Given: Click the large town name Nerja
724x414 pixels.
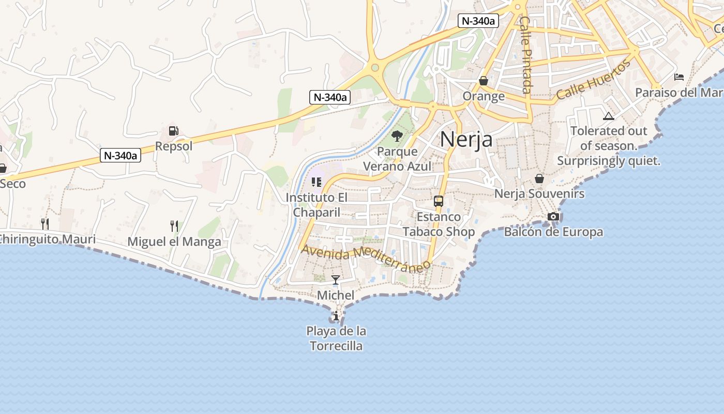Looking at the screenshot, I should (x=466, y=139).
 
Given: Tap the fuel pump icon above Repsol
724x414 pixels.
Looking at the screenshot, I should (x=174, y=131).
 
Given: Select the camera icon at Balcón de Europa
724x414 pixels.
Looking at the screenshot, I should (x=553, y=216).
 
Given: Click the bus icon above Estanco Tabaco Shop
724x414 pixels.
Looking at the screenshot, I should (x=439, y=201).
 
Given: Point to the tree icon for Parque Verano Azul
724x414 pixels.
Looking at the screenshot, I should (x=397, y=137).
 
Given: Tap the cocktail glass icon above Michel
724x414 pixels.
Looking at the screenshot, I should (x=336, y=280).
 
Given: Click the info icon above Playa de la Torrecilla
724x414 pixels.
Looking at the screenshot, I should (x=336, y=315).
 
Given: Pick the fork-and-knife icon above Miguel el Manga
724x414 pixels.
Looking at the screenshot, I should (x=174, y=226).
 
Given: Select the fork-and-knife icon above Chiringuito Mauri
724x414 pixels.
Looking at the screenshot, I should (x=46, y=224).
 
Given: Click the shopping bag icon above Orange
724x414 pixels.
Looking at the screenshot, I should (x=484, y=81).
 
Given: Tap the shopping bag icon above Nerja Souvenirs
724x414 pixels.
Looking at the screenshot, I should (x=539, y=179).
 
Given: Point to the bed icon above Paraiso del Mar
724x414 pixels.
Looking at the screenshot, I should (x=679, y=77).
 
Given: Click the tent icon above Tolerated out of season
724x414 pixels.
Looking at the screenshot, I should (x=608, y=116).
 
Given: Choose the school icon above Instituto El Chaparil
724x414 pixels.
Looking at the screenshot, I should (x=316, y=182).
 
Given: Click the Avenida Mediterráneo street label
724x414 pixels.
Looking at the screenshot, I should (x=366, y=258).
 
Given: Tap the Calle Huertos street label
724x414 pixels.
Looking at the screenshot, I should (x=594, y=80).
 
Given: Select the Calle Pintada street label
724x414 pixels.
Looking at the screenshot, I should (x=525, y=55).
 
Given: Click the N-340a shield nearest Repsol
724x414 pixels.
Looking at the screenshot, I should (x=120, y=155).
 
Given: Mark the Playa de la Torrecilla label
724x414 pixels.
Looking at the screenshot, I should (x=336, y=338).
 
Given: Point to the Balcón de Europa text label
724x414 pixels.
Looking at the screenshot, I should (x=553, y=232).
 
